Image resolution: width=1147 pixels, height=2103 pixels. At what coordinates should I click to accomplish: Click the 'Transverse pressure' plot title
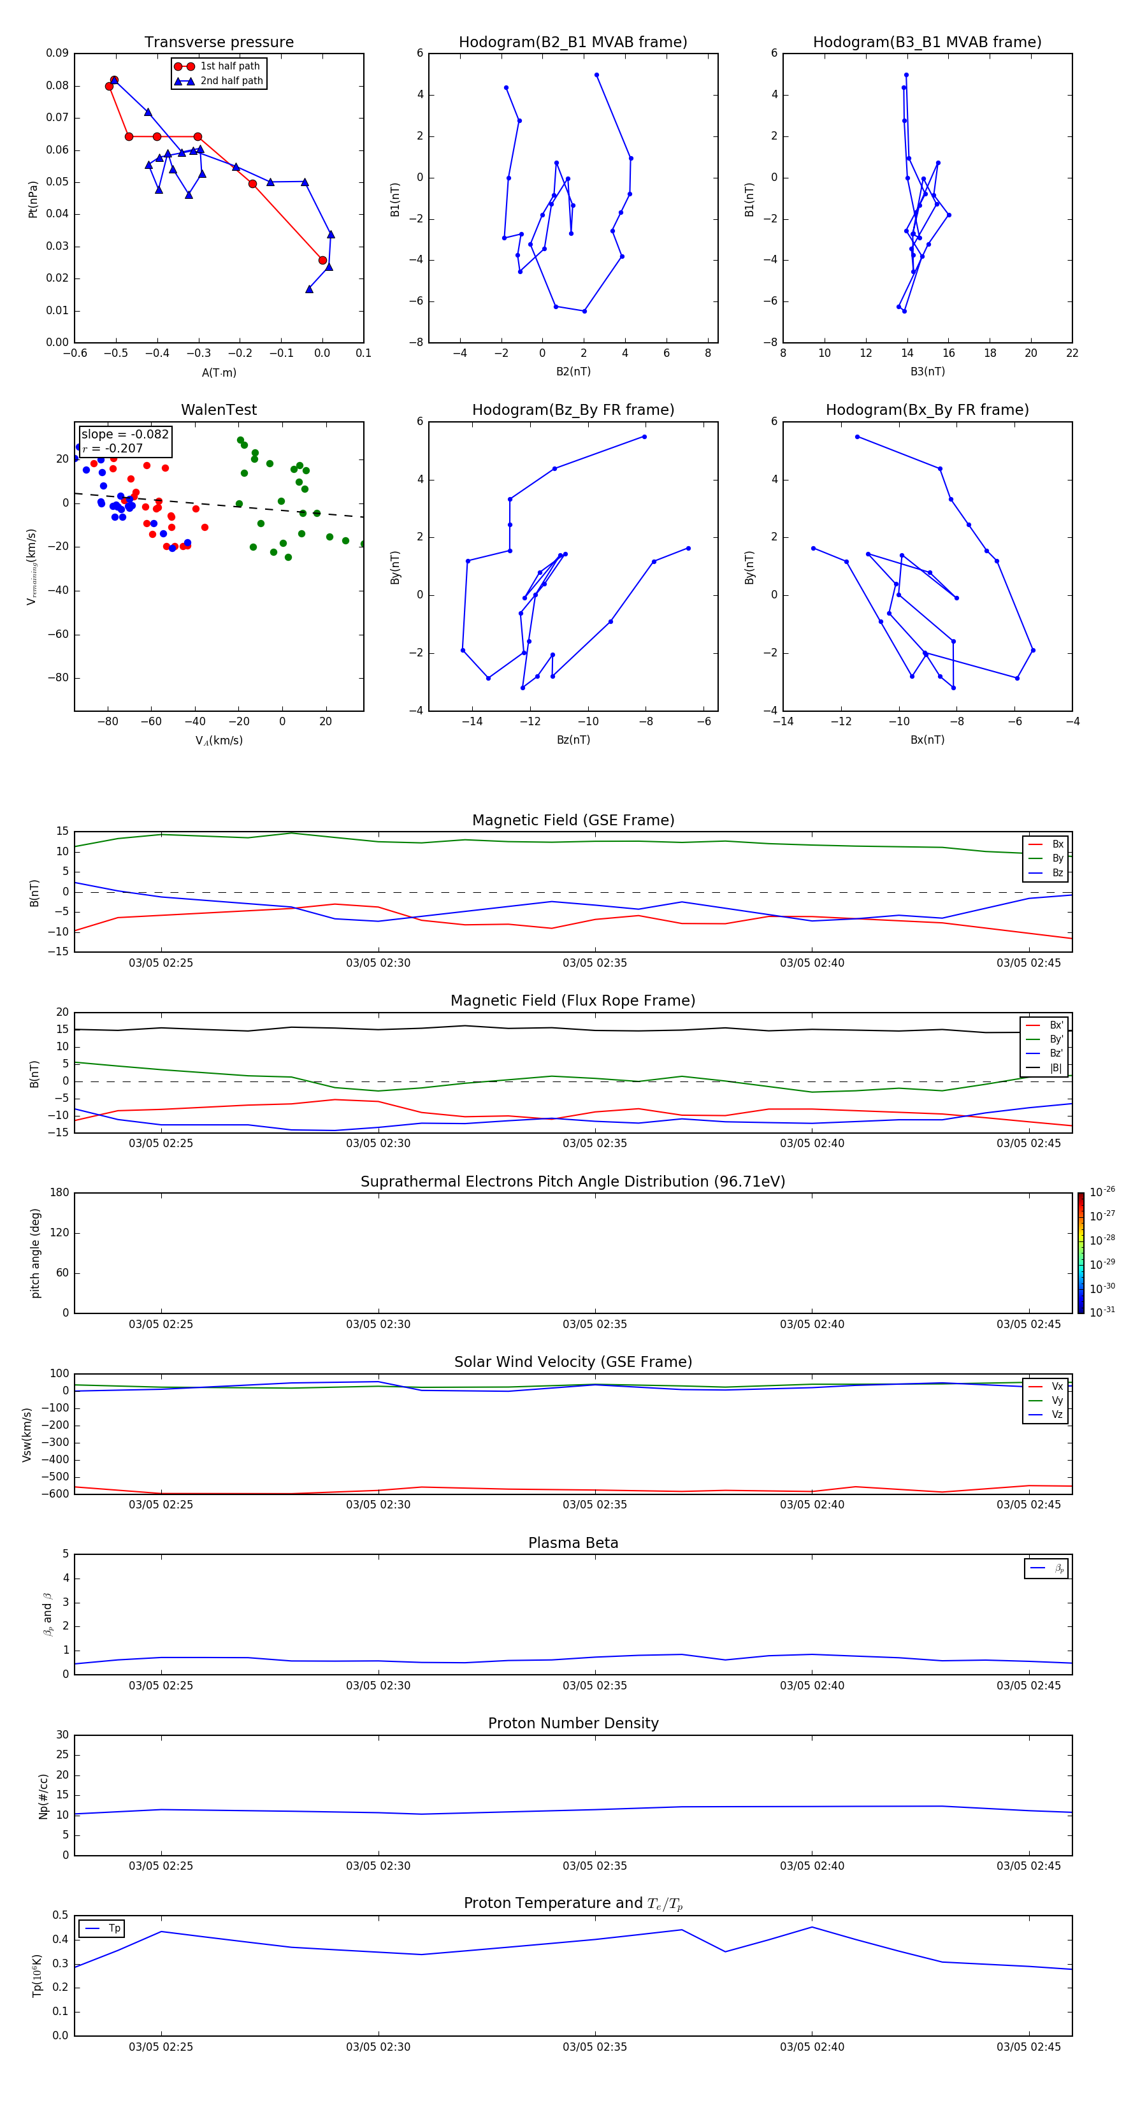pyautogui.click(x=219, y=43)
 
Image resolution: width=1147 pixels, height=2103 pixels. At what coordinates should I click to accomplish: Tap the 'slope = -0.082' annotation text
pyautogui.click(x=125, y=435)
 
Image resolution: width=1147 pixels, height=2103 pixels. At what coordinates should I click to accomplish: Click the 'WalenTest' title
pyautogui.click(x=219, y=410)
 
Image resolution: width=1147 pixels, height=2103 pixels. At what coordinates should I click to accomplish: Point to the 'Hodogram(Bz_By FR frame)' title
pyautogui.click(x=573, y=410)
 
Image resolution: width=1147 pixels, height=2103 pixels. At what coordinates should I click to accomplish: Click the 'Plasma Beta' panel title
pyautogui.click(x=573, y=1543)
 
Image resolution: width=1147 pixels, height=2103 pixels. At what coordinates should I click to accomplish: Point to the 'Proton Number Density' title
pyautogui.click(x=573, y=1723)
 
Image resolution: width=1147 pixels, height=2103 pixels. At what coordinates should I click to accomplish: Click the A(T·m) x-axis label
pyautogui.click(x=219, y=373)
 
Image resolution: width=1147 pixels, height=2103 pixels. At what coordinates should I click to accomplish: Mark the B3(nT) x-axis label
pyautogui.click(x=927, y=372)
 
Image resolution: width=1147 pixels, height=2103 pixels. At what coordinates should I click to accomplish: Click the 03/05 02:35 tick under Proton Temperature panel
pyautogui.click(x=595, y=2047)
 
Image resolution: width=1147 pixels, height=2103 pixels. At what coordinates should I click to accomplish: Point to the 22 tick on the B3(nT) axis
pyautogui.click(x=1072, y=354)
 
